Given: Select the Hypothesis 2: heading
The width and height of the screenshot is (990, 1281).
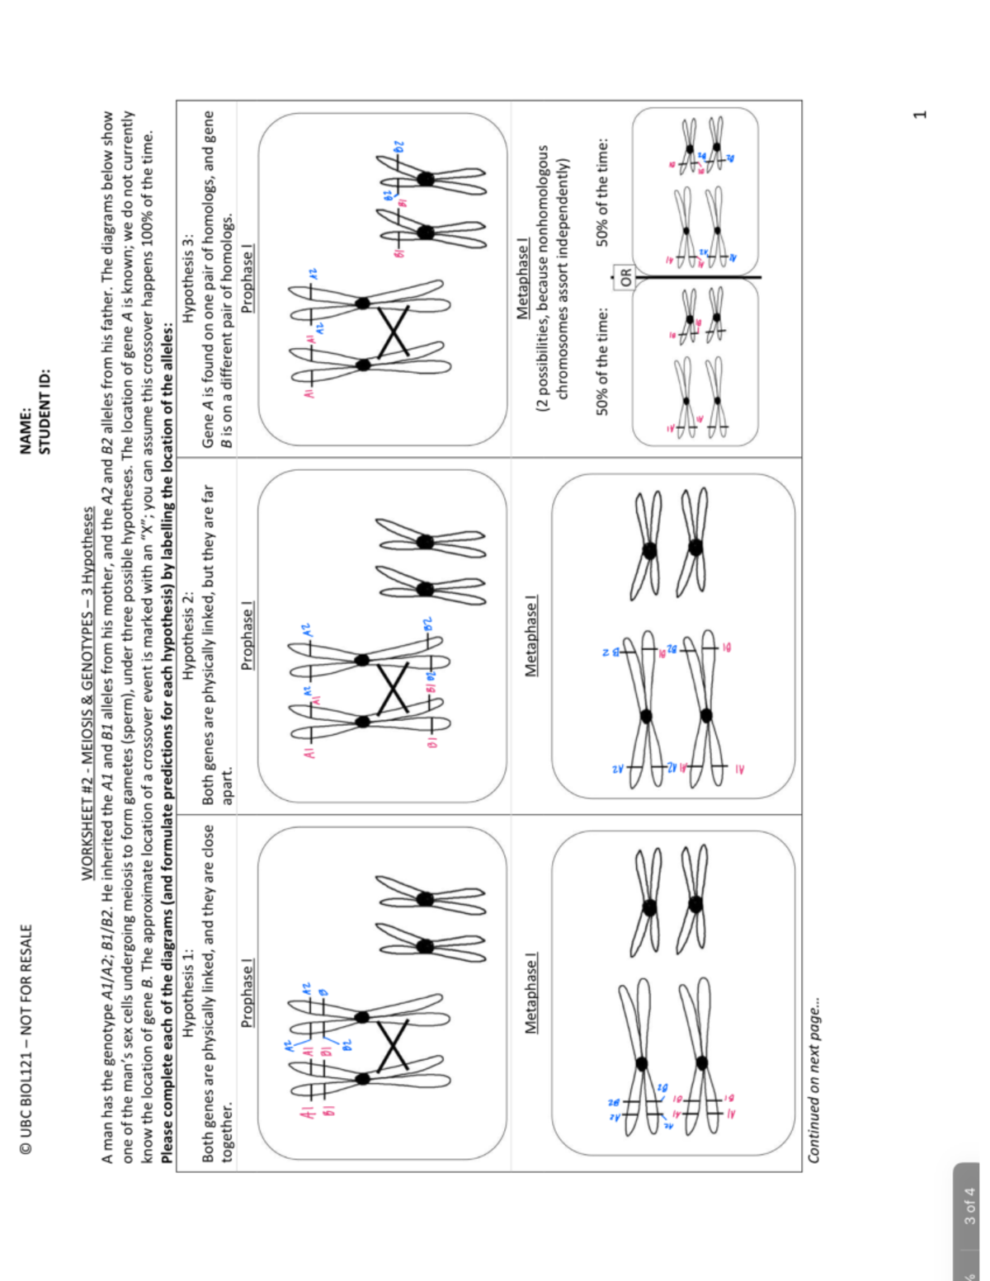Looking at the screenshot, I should point(189,636).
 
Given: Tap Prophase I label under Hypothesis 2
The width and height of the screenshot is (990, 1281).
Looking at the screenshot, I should point(247,635).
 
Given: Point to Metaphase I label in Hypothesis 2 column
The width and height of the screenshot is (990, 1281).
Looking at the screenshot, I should point(531,635).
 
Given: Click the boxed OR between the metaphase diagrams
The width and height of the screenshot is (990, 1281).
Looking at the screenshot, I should point(625,277).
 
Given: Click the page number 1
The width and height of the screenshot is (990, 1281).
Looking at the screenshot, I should point(921,114).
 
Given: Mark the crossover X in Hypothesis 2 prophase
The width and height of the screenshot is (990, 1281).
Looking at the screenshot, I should point(394,690).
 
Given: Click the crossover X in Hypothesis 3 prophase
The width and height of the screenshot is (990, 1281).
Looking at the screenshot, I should point(394,332).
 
